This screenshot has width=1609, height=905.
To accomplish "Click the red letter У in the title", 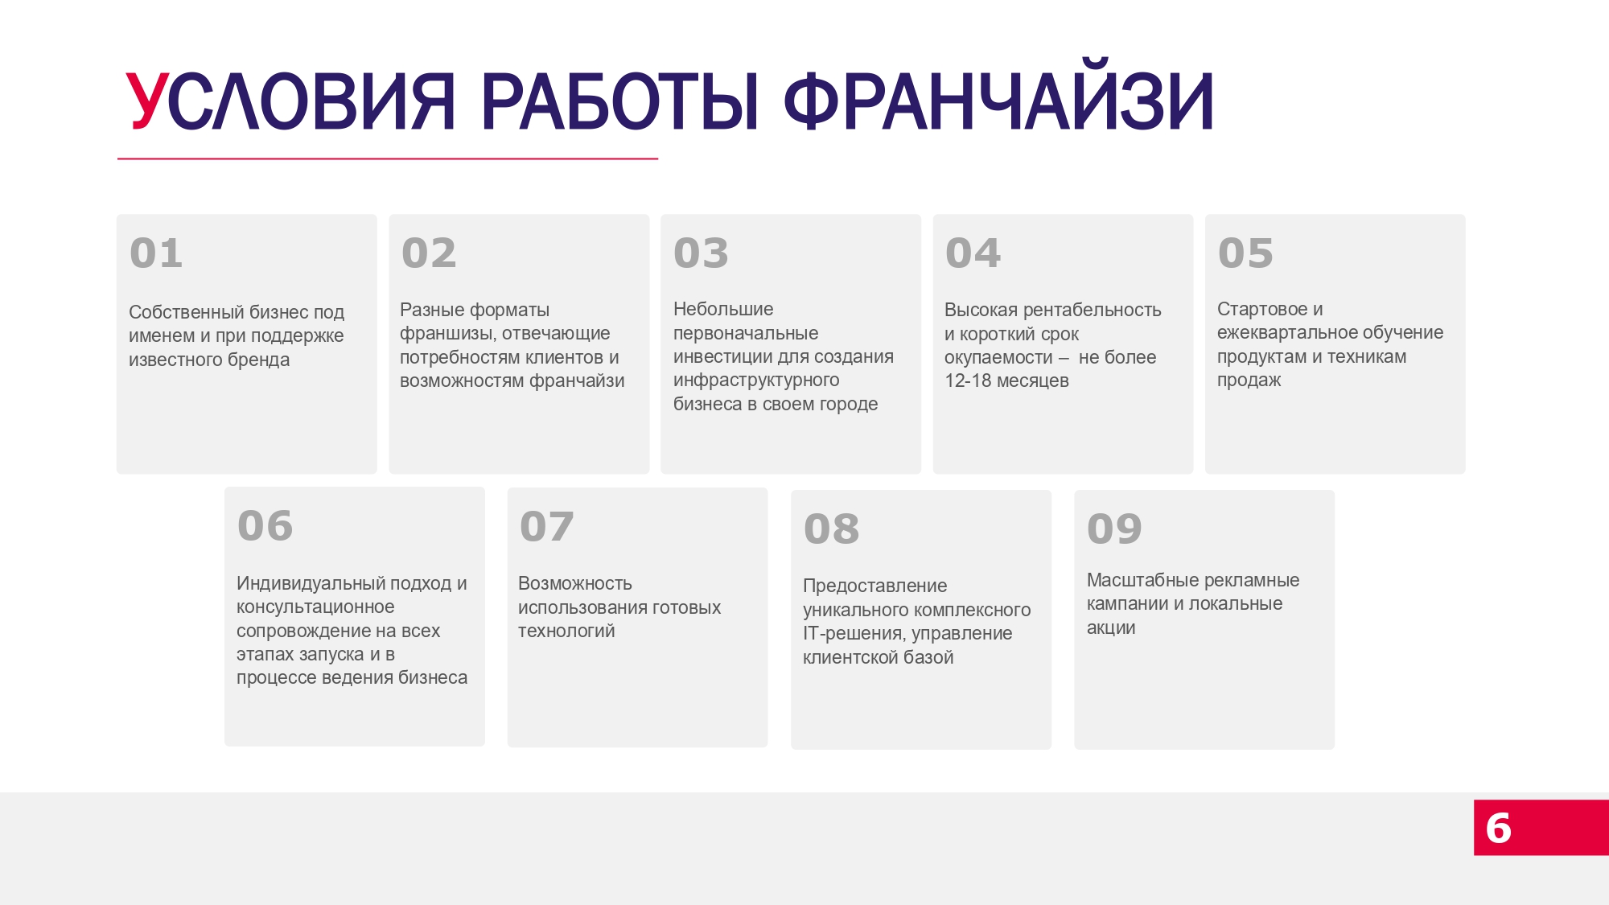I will [148, 101].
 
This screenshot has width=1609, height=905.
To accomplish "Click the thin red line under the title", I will [388, 159].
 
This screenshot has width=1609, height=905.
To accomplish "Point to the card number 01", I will [156, 253].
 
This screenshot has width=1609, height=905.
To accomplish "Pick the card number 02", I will [429, 253].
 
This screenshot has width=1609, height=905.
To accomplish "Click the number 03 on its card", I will [701, 253].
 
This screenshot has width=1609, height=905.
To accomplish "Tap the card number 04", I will [973, 253].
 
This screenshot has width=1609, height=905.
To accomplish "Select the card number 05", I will [1245, 253].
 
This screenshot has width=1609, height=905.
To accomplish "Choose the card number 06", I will [265, 526].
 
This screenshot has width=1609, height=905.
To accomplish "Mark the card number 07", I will [547, 527].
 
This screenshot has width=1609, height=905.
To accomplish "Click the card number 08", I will [831, 529].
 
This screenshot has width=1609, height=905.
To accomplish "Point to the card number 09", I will [1114, 529].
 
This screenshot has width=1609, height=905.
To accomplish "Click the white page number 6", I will [1498, 828].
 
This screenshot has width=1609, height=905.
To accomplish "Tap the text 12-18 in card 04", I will [968, 381].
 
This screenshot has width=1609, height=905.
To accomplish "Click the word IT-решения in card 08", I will [853, 634].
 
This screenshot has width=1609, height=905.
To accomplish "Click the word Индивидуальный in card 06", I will [311, 583].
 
